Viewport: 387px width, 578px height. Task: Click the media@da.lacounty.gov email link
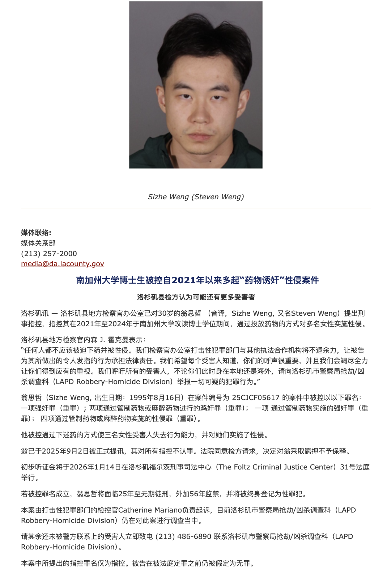coord(63,264)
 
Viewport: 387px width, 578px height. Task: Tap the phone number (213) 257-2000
coord(49,254)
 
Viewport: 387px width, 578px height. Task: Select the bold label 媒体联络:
coord(36,233)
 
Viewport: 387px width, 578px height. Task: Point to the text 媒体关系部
coord(38,243)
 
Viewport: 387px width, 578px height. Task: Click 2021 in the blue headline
coord(183,280)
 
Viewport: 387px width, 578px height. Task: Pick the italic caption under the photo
coord(196,197)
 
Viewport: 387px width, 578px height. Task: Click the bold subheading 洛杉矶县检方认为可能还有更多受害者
coord(196,297)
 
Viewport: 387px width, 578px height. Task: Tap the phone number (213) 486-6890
coord(183,536)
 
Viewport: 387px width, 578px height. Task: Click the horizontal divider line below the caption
coord(196,208)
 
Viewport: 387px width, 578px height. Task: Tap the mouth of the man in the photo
coord(200,137)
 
